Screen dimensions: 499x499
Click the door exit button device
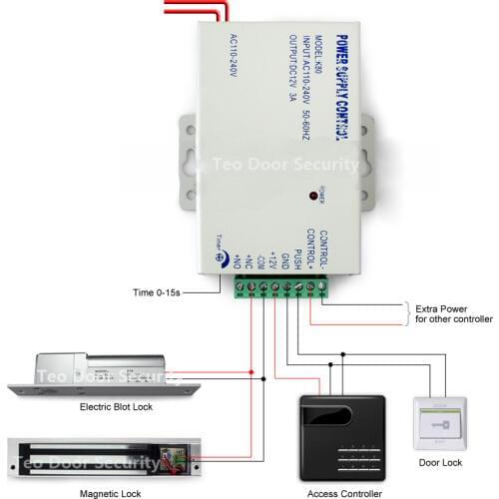pyautogui.click(x=439, y=423)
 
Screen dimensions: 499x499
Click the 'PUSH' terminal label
pyautogui.click(x=296, y=256)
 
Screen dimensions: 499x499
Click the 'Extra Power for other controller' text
pyautogui.click(x=453, y=313)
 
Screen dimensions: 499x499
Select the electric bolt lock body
pyautogui.click(x=100, y=371)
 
